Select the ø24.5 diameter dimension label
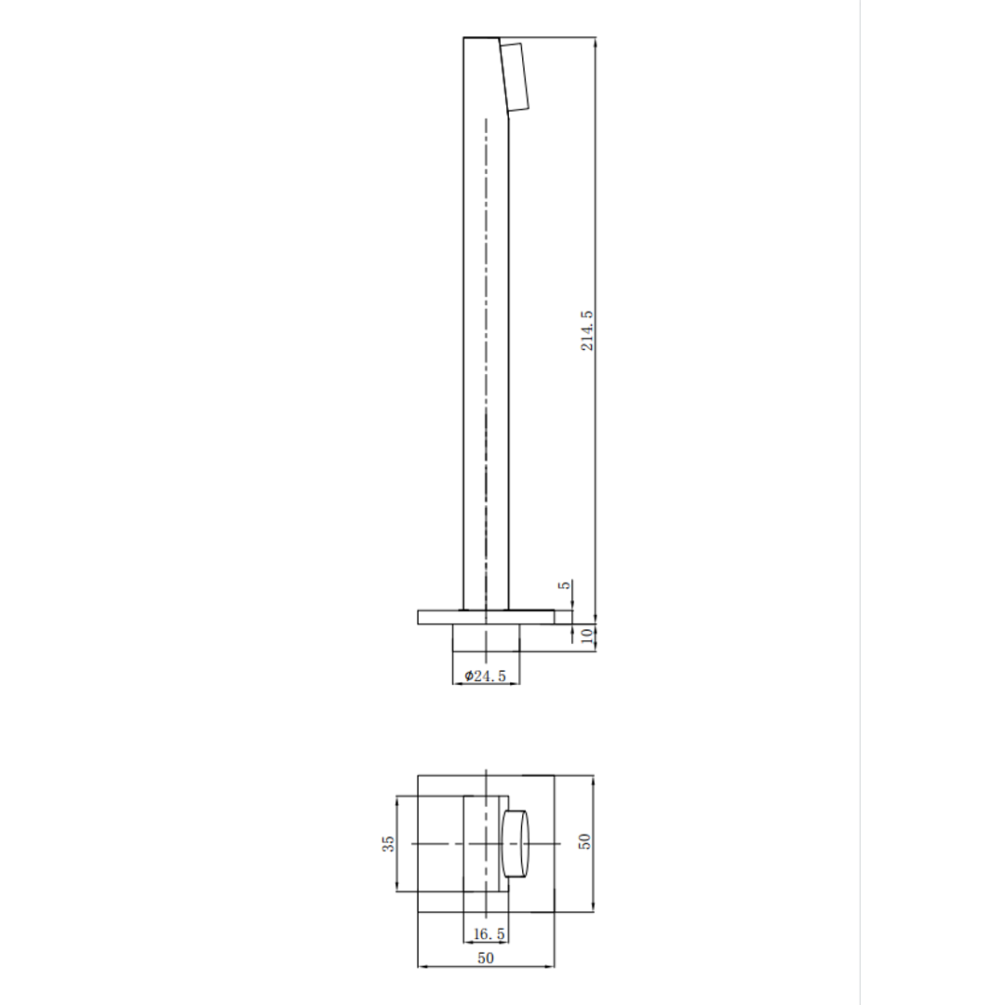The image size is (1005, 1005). pyautogui.click(x=486, y=677)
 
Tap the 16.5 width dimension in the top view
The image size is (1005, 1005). pyautogui.click(x=486, y=933)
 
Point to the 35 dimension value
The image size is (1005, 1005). pyautogui.click(x=389, y=843)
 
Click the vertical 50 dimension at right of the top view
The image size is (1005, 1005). pyautogui.click(x=584, y=841)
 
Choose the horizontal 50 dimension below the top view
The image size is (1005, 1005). pyautogui.click(x=486, y=958)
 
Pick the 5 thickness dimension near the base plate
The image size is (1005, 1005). pyautogui.click(x=563, y=586)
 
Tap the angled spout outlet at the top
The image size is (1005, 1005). pyautogui.click(x=514, y=76)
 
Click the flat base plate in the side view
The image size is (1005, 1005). pyautogui.click(x=437, y=617)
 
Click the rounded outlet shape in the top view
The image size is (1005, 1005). pyautogui.click(x=516, y=843)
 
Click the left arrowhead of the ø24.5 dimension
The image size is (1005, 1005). pyautogui.click(x=457, y=684)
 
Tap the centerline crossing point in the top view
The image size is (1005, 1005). pyautogui.click(x=486, y=843)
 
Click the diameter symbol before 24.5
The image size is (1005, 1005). pyautogui.click(x=469, y=677)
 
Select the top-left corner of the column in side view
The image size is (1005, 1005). pyautogui.click(x=464, y=38)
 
